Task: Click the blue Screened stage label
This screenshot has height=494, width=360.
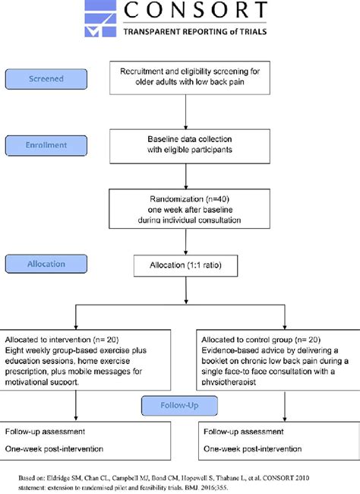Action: (46, 79)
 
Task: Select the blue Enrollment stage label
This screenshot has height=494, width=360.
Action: (46, 145)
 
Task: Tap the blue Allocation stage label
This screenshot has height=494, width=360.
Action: (46, 264)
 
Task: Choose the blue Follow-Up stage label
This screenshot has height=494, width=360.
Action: (179, 406)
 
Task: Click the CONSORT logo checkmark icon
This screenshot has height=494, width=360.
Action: (100, 18)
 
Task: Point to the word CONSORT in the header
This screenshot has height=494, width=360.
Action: (195, 10)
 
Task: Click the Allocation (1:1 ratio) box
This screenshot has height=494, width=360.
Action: (185, 265)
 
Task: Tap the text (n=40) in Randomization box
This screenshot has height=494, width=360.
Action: (217, 199)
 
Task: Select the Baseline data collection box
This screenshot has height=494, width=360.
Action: (190, 146)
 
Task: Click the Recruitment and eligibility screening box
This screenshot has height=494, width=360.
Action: (190, 78)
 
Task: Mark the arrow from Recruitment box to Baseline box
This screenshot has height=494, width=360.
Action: (185, 112)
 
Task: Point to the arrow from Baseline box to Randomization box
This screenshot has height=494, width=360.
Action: (185, 176)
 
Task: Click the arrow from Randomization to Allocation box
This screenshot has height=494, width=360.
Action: (185, 242)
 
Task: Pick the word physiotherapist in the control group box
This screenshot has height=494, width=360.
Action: (229, 382)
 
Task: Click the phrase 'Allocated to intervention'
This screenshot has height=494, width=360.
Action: (48, 340)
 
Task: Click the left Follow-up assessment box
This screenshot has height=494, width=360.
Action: (85, 441)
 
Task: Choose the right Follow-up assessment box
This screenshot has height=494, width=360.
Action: (279, 441)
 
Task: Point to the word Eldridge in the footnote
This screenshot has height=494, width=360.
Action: (58, 478)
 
